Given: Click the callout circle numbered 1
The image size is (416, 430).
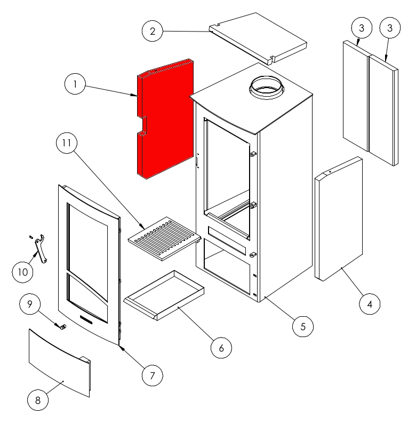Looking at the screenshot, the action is [75, 84].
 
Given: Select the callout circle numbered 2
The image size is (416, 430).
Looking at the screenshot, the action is [153, 31].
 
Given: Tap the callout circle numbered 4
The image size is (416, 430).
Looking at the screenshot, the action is [370, 304].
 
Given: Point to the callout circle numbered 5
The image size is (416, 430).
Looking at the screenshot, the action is [303, 326].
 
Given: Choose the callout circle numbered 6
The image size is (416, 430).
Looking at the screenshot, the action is [221, 348].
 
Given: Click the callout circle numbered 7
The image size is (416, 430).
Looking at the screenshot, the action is [153, 376].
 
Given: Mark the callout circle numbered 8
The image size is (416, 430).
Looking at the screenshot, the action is [38, 400].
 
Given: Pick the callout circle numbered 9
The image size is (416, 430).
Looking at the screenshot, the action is [30, 304].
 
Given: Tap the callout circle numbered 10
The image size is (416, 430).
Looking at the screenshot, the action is [23, 272].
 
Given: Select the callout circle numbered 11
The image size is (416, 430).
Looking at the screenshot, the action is [67, 143].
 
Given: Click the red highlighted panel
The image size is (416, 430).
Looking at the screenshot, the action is [165, 119].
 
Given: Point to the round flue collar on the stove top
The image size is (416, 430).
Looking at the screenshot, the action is [267, 87].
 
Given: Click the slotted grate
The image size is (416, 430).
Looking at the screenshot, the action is [165, 239].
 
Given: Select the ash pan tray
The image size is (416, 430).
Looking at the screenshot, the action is [164, 295].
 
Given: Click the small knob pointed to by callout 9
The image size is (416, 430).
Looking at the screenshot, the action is [63, 326].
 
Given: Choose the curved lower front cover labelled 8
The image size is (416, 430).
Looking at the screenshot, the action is [60, 363].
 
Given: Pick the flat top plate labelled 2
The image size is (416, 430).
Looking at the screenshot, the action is [258, 38].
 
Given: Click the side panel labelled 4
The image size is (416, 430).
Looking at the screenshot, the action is [339, 219].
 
